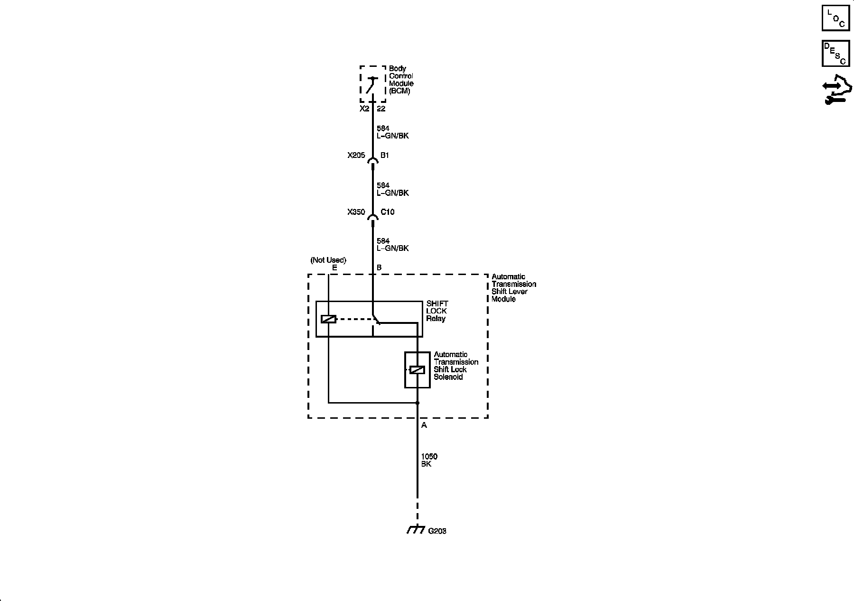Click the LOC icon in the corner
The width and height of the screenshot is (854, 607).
click(x=835, y=18)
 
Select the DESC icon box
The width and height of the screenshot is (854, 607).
click(x=835, y=53)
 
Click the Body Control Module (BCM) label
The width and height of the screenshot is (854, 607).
click(x=401, y=80)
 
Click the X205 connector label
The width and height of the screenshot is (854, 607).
click(x=356, y=155)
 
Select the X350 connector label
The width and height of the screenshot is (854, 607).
click(x=356, y=212)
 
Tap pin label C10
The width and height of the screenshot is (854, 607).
click(x=387, y=212)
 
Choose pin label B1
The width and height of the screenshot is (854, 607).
click(x=385, y=155)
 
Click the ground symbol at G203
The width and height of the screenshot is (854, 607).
click(x=416, y=529)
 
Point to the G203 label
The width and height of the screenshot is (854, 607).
click(x=437, y=531)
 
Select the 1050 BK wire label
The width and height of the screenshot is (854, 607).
click(x=429, y=460)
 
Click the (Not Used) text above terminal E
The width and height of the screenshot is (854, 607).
click(x=328, y=260)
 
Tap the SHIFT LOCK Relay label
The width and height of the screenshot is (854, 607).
click(x=436, y=311)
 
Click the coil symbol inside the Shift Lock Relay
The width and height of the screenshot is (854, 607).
click(x=328, y=319)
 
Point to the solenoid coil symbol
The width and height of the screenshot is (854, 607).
click(x=417, y=370)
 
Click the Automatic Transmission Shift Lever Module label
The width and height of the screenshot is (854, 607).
click(x=513, y=288)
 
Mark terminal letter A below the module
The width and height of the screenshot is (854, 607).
click(x=424, y=425)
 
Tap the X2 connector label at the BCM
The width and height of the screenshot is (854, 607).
click(x=364, y=109)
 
